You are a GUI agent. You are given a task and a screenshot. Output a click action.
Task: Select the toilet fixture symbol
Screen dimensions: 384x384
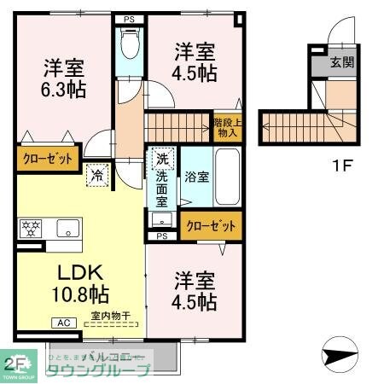click(x=130, y=44)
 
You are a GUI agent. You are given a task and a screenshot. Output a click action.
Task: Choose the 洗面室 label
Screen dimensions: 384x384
click(x=162, y=189)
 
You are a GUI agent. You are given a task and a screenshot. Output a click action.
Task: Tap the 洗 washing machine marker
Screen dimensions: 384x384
click(x=161, y=158)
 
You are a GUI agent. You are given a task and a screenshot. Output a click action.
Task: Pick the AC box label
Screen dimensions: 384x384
click(x=64, y=323)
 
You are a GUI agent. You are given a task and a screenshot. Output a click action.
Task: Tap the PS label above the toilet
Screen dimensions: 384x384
click(x=130, y=17)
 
